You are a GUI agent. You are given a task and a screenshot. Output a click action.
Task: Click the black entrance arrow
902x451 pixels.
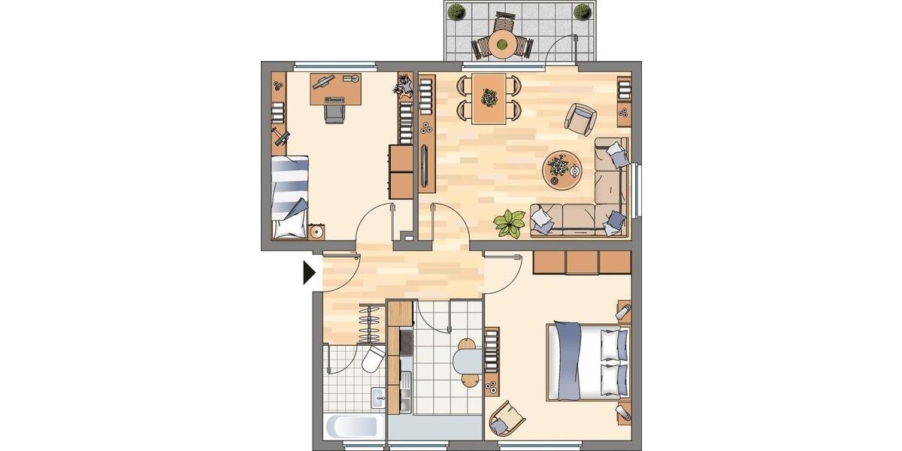pos(308,273)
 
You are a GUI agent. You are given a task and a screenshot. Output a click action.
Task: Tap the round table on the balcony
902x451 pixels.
pos(501,43)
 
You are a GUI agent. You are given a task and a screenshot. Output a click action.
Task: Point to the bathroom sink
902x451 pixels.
pos(377,397)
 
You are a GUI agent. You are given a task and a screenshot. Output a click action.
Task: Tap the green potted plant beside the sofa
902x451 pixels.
pos(510,222)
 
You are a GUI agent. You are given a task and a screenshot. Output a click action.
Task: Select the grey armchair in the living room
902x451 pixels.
pos(580,117)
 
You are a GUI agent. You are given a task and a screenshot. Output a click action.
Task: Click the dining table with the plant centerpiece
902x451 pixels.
pos(489,98)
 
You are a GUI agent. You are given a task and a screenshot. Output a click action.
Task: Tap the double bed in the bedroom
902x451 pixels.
pos(588,362)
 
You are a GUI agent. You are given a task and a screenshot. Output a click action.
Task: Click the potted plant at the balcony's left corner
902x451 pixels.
pos(456,11)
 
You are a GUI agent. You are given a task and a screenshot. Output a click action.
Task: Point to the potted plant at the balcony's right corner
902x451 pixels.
pos(582,11)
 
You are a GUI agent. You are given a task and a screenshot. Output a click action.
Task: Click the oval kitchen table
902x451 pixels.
pos(468,361)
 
